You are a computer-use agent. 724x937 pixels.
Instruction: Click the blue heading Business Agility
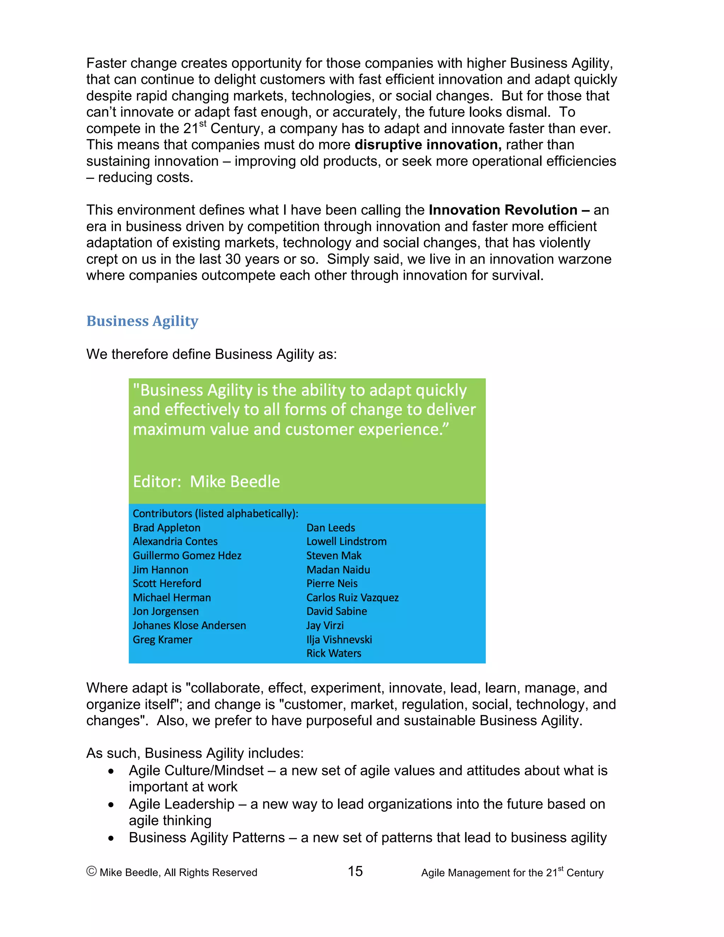click(x=142, y=321)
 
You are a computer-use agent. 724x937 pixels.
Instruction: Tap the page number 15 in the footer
click(x=355, y=871)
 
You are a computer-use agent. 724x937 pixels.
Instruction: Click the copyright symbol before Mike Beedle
click(x=91, y=871)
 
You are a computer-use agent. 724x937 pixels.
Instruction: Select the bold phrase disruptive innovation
click(x=428, y=145)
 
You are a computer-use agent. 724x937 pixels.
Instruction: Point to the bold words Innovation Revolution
click(x=503, y=210)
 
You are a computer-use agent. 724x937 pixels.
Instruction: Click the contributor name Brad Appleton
click(x=167, y=528)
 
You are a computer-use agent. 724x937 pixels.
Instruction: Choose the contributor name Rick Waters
click(x=334, y=653)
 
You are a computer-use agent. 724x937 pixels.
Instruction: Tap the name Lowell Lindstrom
click(x=346, y=541)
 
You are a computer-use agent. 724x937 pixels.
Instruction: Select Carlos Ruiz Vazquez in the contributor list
click(x=352, y=598)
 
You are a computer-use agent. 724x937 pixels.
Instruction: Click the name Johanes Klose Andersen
click(x=189, y=625)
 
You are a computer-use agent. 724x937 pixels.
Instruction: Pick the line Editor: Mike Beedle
click(x=206, y=482)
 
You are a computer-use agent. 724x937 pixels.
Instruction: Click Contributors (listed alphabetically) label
click(x=215, y=513)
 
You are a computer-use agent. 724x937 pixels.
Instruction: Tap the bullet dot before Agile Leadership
click(x=111, y=805)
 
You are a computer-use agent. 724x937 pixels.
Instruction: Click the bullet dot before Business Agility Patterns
click(x=111, y=838)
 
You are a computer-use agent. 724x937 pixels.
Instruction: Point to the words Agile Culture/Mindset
click(x=196, y=771)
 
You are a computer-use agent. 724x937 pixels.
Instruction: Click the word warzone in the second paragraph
click(x=584, y=260)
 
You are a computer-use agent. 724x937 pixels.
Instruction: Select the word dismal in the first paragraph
click(x=527, y=112)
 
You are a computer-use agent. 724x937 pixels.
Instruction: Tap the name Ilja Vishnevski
click(x=339, y=640)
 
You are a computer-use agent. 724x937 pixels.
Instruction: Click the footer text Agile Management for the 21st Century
click(x=512, y=873)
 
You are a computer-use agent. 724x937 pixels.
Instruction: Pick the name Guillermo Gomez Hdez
click(x=187, y=555)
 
